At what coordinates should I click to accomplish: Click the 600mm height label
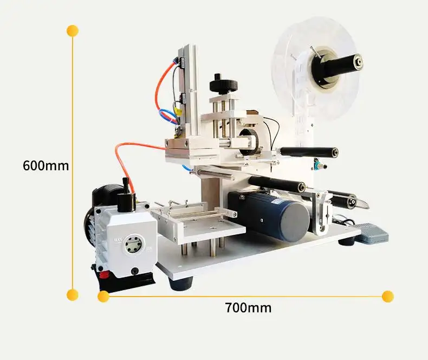(x=46, y=165)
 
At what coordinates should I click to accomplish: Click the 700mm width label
(x=248, y=308)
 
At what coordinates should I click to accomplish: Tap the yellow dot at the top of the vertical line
(x=73, y=30)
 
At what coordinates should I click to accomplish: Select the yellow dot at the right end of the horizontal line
(x=387, y=296)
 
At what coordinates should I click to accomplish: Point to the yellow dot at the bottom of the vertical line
(x=73, y=295)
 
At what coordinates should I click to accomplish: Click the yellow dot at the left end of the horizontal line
(x=103, y=296)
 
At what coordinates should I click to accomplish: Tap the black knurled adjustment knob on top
(x=223, y=85)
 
